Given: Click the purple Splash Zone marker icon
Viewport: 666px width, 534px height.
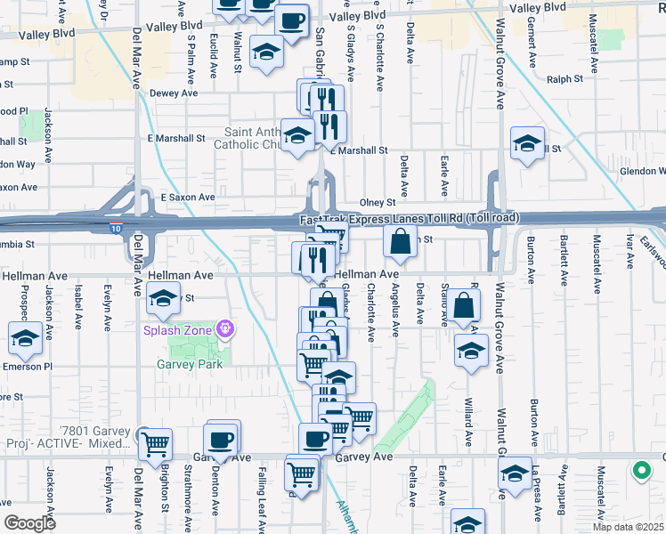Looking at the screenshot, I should pyautogui.click(x=225, y=330).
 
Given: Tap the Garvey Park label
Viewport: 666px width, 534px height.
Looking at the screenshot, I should pyautogui.click(x=181, y=363).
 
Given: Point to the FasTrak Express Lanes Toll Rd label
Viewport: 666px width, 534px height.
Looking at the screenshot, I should pyautogui.click(x=410, y=219).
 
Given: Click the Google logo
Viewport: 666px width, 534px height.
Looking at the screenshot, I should pyautogui.click(x=30, y=522).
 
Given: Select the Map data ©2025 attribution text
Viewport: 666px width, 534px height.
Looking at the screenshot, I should pyautogui.click(x=628, y=527).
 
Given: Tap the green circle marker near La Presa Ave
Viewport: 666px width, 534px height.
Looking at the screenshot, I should pyautogui.click(x=641, y=471).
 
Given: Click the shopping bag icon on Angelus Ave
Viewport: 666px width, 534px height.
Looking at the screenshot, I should pyautogui.click(x=401, y=241).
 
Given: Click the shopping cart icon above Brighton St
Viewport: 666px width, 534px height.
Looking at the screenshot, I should pyautogui.click(x=156, y=442).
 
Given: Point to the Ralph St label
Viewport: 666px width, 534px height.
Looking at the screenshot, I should pyautogui.click(x=564, y=78).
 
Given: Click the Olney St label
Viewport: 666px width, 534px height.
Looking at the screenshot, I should pyautogui.click(x=376, y=203).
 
